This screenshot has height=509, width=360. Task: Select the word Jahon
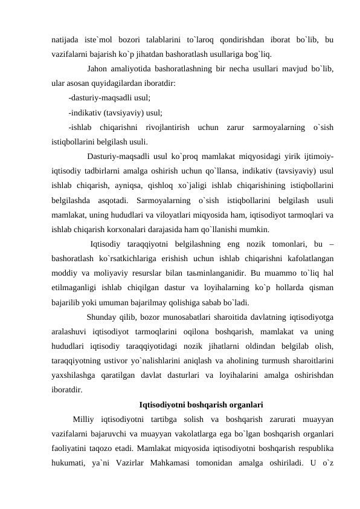[100, 68]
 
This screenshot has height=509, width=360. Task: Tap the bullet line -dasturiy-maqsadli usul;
[109, 97]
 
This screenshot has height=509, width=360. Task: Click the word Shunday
[103, 316]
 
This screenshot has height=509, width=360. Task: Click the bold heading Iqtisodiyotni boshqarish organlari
[192, 403]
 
